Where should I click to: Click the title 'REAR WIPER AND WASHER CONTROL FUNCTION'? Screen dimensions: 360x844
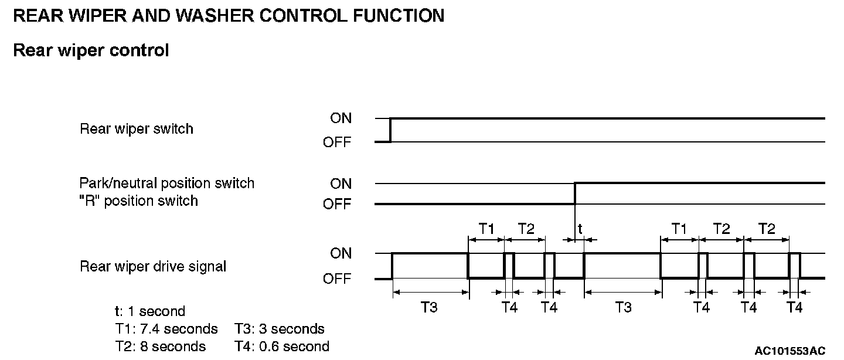click(x=228, y=16)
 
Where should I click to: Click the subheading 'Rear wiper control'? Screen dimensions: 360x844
click(x=91, y=50)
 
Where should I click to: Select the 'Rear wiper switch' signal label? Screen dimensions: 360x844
click(x=136, y=128)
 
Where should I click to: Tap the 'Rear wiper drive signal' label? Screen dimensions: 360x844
click(x=153, y=266)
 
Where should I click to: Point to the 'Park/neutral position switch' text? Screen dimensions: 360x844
click(x=167, y=183)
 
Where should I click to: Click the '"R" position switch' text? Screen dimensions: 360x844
click(x=139, y=201)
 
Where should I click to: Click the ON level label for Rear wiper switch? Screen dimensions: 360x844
click(x=341, y=118)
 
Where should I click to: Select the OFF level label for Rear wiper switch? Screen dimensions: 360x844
click(x=337, y=142)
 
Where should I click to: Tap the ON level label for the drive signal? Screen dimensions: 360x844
click(x=341, y=253)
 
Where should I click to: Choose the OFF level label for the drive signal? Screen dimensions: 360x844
click(x=337, y=279)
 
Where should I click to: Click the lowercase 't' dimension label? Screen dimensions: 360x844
click(x=580, y=229)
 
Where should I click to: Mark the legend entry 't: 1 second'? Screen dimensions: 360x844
click(x=149, y=311)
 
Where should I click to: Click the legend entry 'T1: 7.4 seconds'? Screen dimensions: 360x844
click(x=166, y=329)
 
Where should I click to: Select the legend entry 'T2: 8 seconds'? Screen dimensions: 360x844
click(x=160, y=347)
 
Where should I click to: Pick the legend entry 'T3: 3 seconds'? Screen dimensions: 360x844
click(x=280, y=329)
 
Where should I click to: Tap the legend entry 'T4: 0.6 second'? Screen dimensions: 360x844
click(x=282, y=347)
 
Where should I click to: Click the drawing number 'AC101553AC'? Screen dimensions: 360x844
click(x=789, y=351)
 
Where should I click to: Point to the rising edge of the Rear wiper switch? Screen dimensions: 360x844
click(x=390, y=130)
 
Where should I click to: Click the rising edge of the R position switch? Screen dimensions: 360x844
click(x=575, y=193)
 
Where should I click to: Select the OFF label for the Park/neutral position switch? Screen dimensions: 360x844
click(x=337, y=205)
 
